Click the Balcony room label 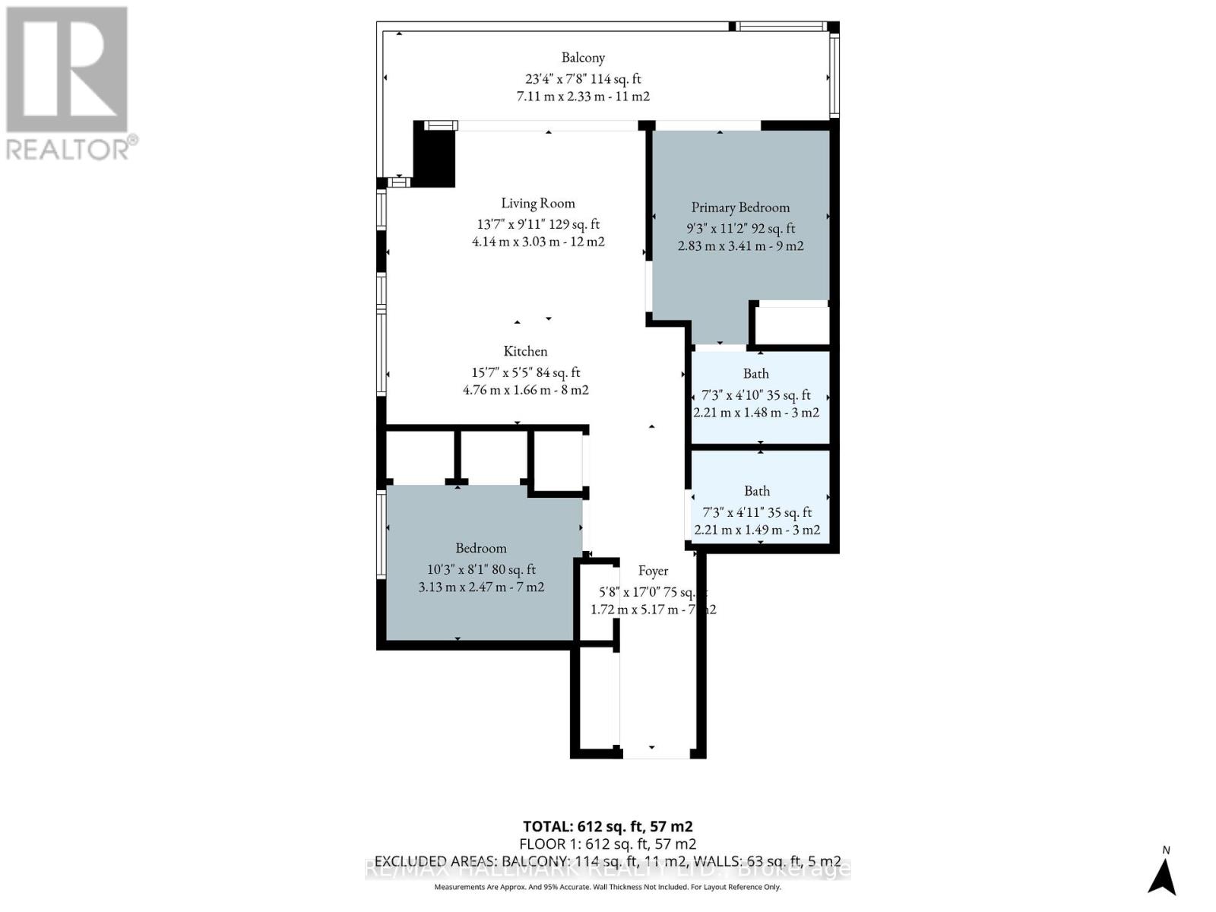click(x=583, y=58)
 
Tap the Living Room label click(x=537, y=203)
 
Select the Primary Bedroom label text click(x=740, y=207)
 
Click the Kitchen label click(x=525, y=351)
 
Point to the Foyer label click(x=653, y=571)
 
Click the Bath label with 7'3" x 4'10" click(x=755, y=373)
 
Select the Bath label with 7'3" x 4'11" click(x=756, y=491)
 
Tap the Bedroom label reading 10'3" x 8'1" click(x=481, y=548)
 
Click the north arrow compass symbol click(x=1163, y=874)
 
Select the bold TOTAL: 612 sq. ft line click(x=607, y=826)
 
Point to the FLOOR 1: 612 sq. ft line click(x=607, y=844)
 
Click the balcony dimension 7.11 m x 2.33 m click(x=583, y=97)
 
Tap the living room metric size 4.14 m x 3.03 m click(x=537, y=242)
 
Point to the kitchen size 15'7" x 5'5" click(x=525, y=372)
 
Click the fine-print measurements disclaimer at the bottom click(x=607, y=887)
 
